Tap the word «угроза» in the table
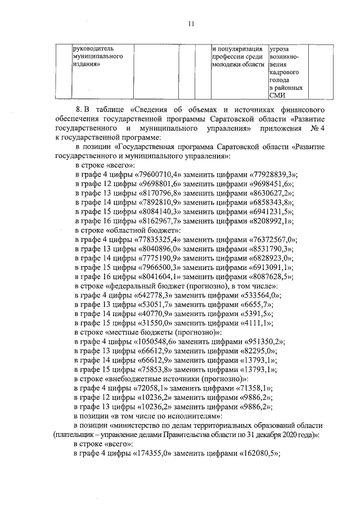click(280, 49)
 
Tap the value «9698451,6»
click(269, 184)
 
